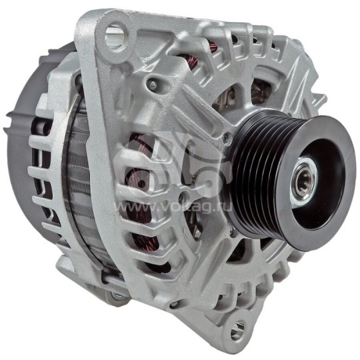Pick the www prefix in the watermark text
(133, 207)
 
